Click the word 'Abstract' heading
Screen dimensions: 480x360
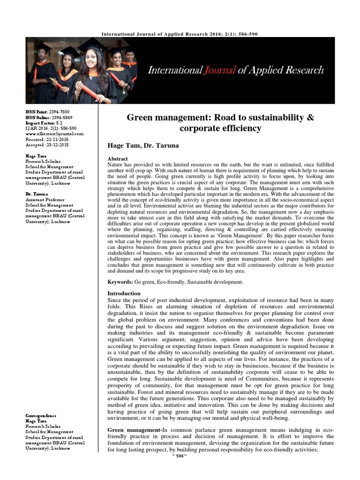(118, 159)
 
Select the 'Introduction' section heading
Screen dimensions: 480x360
(124, 293)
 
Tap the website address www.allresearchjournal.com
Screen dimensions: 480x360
(54, 134)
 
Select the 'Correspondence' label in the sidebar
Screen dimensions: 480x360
(41, 416)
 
